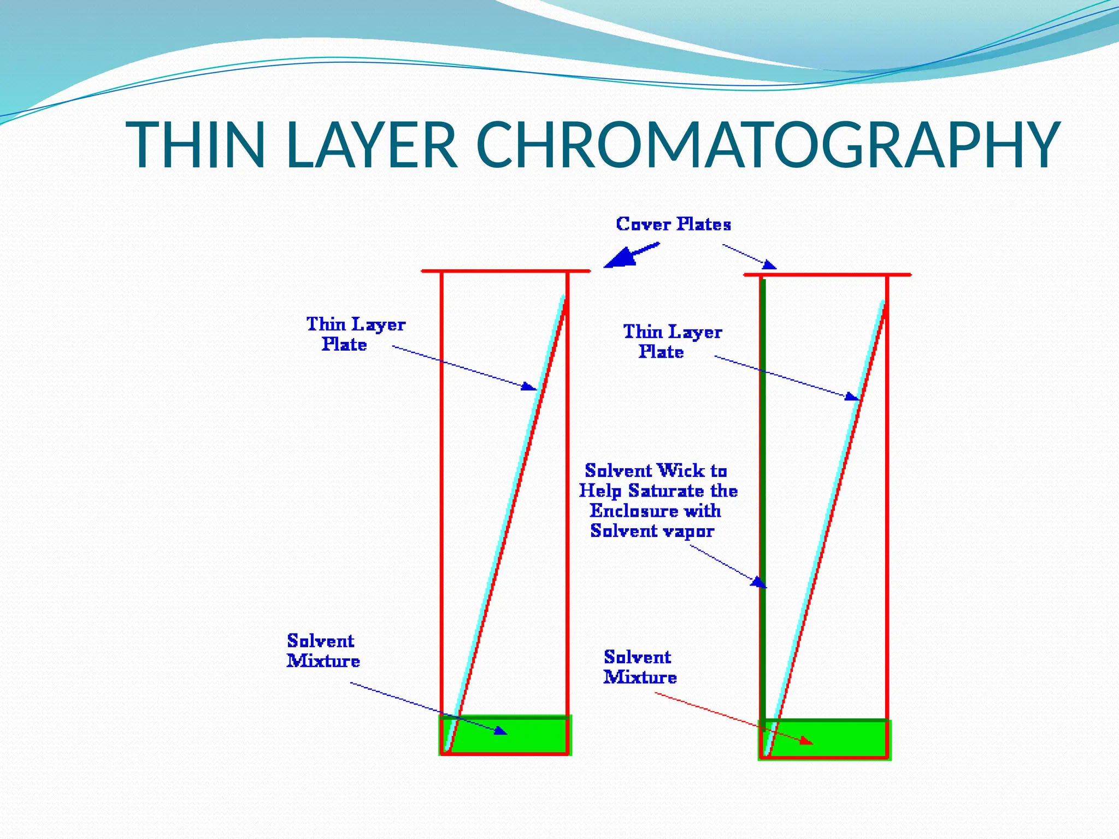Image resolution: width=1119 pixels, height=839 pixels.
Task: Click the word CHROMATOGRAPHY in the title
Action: [768, 145]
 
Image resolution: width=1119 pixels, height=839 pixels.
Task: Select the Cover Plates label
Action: [673, 224]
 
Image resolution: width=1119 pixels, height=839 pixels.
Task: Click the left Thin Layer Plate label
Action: [355, 334]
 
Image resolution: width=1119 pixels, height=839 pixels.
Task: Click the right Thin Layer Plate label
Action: [672, 341]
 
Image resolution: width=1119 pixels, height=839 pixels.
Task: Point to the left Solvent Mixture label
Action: [323, 651]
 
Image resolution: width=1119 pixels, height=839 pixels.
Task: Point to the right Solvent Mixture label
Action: [640, 667]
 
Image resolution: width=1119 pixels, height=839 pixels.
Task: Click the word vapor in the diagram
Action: [689, 531]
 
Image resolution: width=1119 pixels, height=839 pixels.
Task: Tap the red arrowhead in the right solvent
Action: [806, 741]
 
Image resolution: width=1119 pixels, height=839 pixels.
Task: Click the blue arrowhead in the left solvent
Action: [500, 730]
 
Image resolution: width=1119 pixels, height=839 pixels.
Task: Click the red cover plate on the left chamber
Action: [505, 271]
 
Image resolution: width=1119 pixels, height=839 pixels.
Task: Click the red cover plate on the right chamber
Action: [827, 274]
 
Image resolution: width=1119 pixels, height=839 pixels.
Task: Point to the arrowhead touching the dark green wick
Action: [758, 582]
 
